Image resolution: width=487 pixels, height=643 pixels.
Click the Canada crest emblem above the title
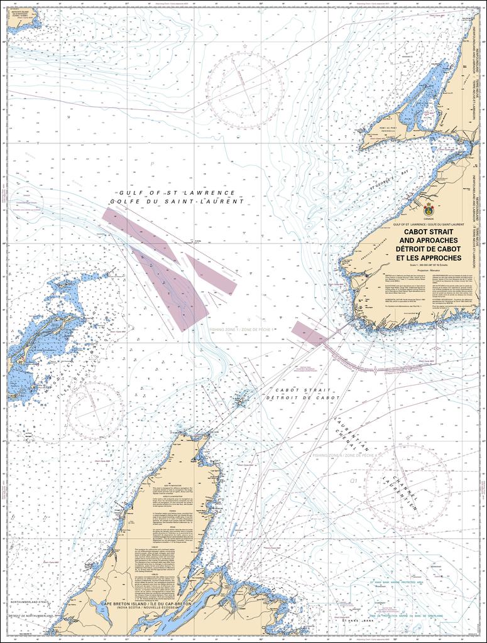(x=429, y=210)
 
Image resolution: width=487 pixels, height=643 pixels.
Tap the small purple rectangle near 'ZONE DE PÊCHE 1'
(x=310, y=333)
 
